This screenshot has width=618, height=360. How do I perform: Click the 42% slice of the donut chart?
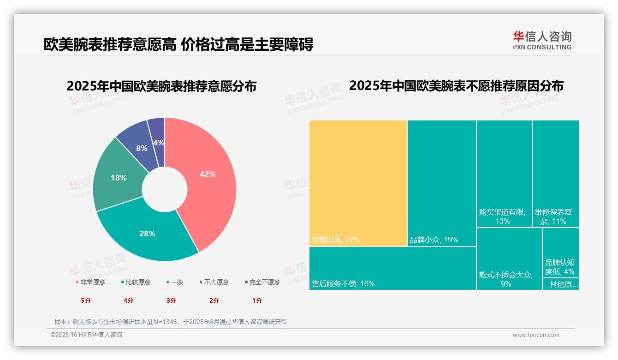click(x=208, y=174)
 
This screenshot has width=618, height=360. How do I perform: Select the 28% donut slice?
click(x=147, y=234)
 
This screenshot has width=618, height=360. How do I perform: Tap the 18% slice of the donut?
click(x=119, y=178)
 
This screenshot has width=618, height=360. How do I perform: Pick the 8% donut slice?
click(x=142, y=148)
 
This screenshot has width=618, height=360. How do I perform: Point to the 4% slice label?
click(x=159, y=143)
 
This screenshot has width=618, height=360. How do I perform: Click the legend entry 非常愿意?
click(x=90, y=282)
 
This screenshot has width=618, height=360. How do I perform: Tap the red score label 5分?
click(x=86, y=300)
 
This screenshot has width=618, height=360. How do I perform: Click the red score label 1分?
click(x=257, y=300)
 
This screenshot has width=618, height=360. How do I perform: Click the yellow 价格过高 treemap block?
click(x=358, y=183)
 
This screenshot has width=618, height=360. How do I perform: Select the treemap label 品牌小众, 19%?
click(x=434, y=240)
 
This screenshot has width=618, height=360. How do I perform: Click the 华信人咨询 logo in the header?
click(x=542, y=41)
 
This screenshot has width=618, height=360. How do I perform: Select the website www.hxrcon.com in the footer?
click(x=536, y=335)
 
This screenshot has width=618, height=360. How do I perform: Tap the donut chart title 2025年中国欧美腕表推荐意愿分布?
click(x=161, y=87)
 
